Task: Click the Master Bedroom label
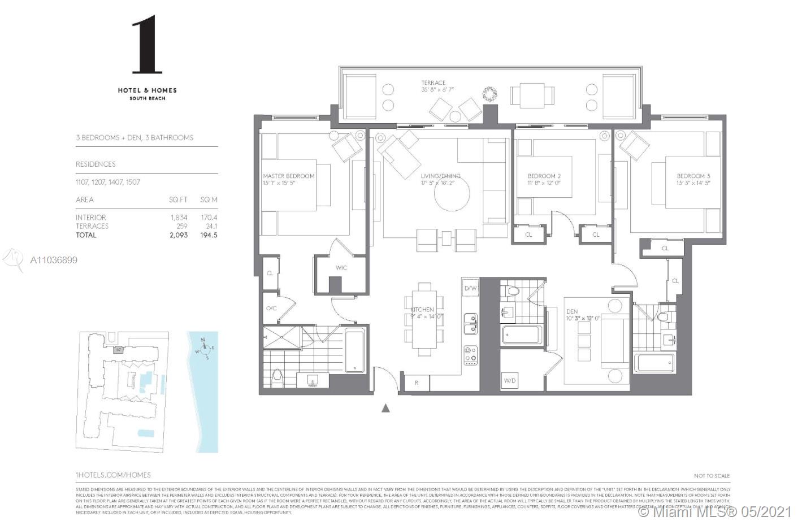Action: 288,176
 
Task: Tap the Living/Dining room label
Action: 440,176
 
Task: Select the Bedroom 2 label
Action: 544,176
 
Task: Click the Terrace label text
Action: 433,83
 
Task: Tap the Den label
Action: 572,311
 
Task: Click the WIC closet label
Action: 341,268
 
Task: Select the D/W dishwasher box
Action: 471,289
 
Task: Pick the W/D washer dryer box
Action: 509,381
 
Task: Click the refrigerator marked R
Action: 417,383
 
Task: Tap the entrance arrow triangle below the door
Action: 386,407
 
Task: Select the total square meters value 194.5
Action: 209,235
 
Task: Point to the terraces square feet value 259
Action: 181,226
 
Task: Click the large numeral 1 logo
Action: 147,45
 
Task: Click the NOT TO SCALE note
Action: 712,476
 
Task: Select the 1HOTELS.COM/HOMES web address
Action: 113,475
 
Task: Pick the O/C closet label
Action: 271,309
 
